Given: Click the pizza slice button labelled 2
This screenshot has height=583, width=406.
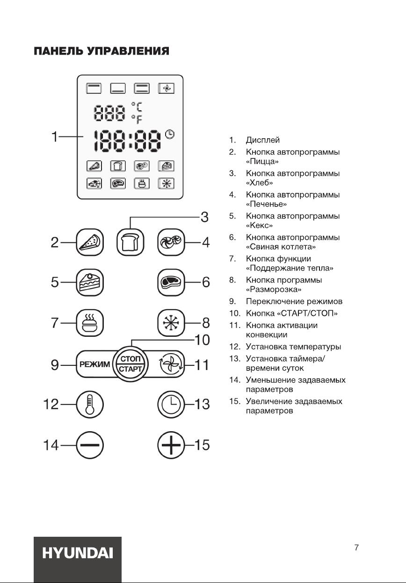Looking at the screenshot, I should (x=89, y=243).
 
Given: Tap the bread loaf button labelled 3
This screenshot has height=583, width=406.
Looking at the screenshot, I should (x=130, y=243).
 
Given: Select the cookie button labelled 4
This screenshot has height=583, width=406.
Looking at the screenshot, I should (x=171, y=243).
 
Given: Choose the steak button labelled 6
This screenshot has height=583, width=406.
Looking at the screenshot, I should (x=171, y=283).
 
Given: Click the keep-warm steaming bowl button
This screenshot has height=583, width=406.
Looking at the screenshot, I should (x=89, y=323).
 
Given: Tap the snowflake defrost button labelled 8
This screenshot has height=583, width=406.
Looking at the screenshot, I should (x=171, y=323).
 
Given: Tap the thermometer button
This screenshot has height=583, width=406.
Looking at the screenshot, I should (x=89, y=404).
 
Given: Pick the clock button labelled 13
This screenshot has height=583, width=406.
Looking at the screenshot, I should (x=171, y=404).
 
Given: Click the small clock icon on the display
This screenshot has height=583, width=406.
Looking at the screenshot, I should (x=170, y=135).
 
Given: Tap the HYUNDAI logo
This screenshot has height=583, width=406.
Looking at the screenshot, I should (x=78, y=554).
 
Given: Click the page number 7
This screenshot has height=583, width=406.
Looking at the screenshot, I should (x=356, y=547).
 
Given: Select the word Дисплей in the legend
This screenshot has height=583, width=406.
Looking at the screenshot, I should (x=263, y=140).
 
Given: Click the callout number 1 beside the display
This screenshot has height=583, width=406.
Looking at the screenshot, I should (x=56, y=137).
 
